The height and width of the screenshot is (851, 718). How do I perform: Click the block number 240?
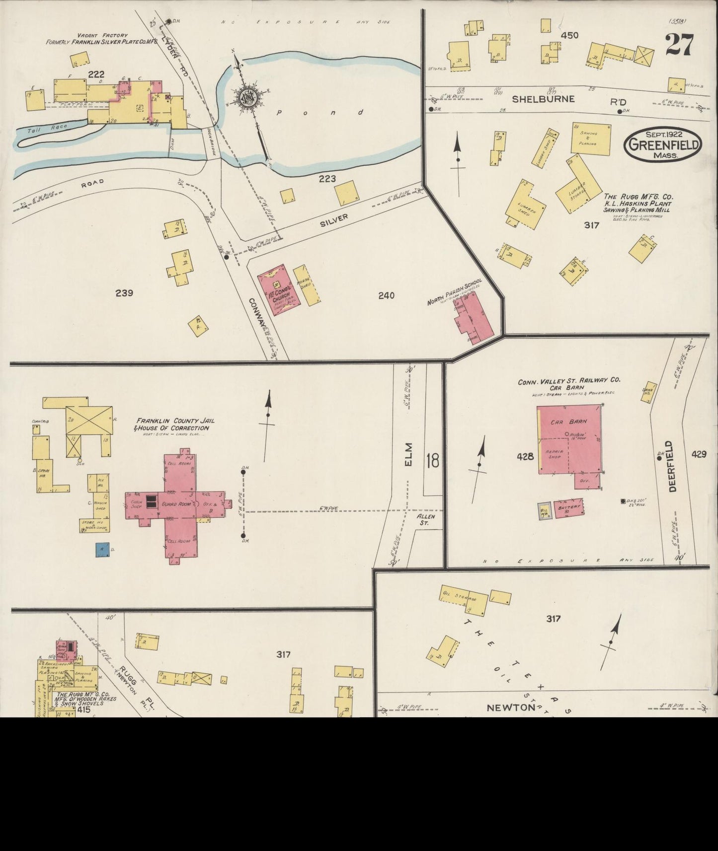pyautogui.click(x=386, y=296)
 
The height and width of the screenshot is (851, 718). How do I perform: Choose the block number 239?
pyautogui.click(x=124, y=293)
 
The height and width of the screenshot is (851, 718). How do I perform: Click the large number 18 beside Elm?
pyautogui.click(x=432, y=461)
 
